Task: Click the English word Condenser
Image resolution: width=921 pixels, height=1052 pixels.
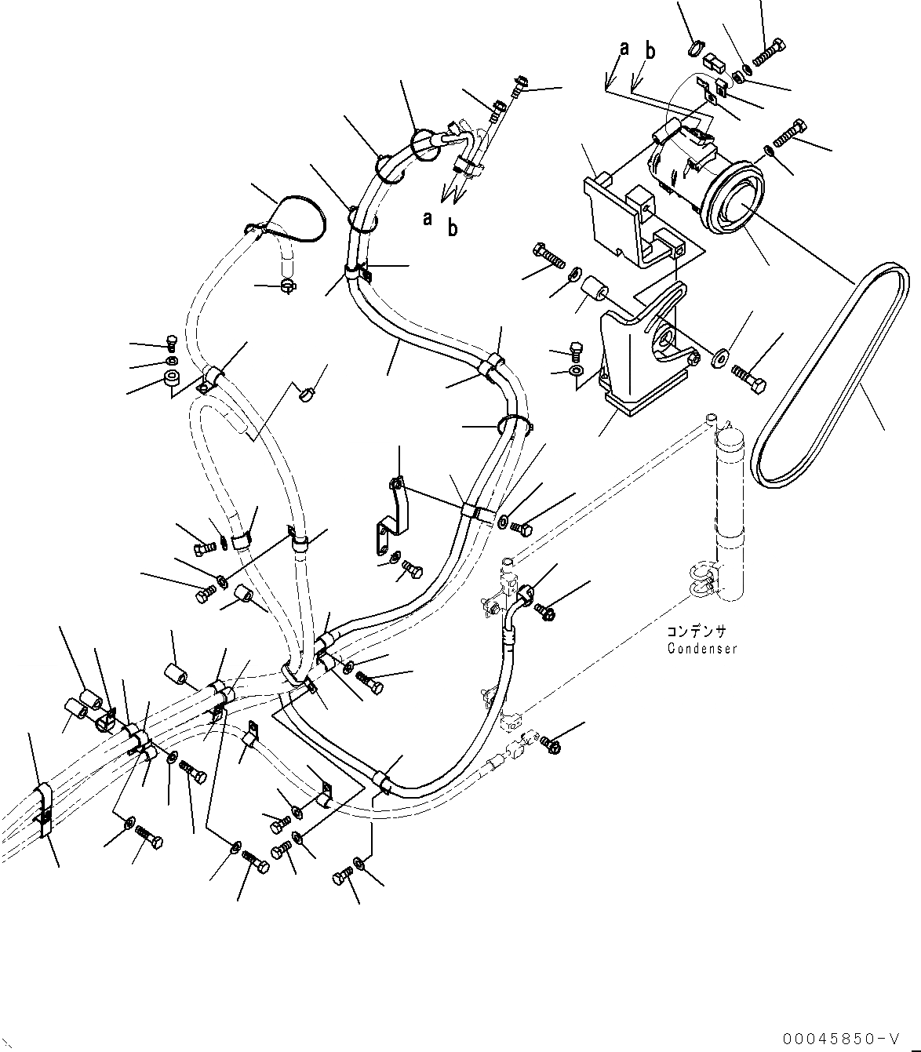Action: [x=702, y=649]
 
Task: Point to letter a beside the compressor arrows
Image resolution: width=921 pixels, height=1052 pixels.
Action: [x=624, y=49]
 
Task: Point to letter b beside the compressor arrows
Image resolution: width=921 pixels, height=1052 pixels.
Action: [x=650, y=52]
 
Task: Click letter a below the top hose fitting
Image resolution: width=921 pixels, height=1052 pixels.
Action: [x=428, y=218]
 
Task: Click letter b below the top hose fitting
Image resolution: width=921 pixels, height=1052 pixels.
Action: [x=453, y=228]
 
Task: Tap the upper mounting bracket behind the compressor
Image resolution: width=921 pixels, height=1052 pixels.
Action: [x=628, y=216]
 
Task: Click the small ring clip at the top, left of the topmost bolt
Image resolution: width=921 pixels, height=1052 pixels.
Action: [x=693, y=49]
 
